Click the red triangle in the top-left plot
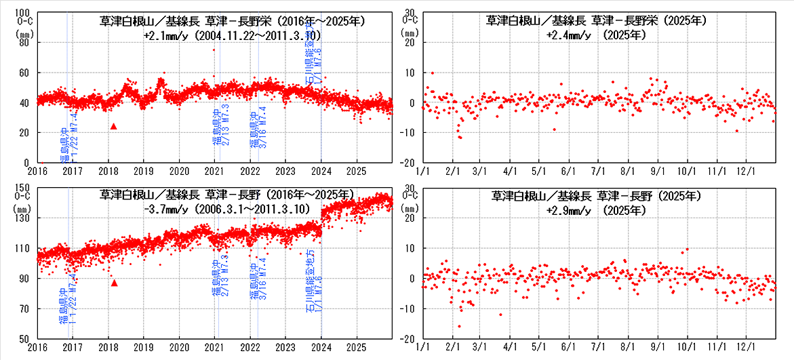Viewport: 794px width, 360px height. tap(114, 126)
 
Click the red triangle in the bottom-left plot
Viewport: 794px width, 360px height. tap(114, 283)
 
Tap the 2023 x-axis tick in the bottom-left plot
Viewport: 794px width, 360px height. tap(285, 346)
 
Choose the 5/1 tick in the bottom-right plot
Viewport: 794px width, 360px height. tap(539, 346)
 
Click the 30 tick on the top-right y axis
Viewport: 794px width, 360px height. tap(410, 12)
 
